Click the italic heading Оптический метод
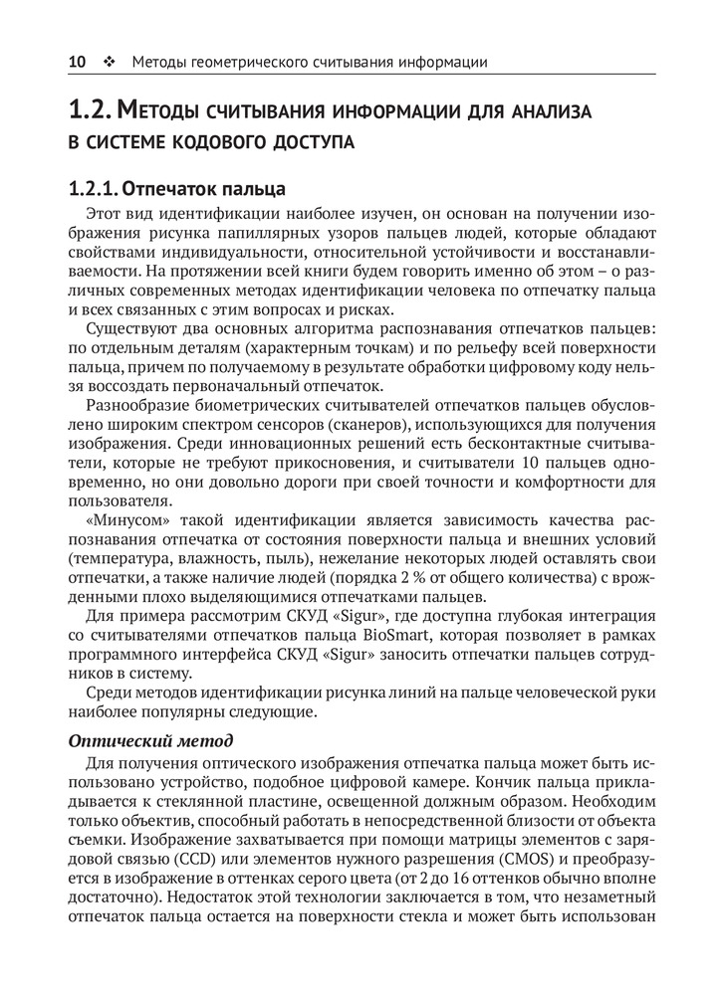pyautogui.click(x=150, y=740)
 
